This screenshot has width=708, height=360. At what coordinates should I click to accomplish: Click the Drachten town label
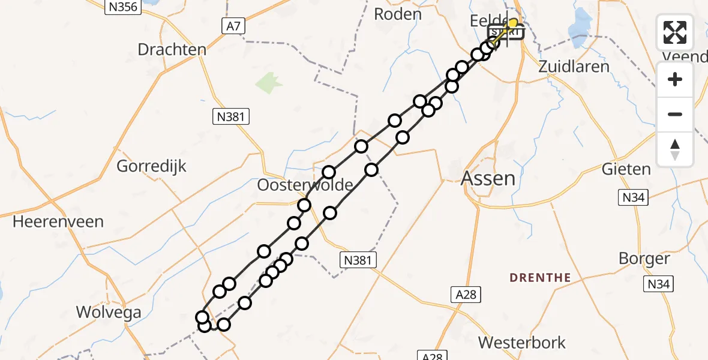pyautogui.click(x=172, y=49)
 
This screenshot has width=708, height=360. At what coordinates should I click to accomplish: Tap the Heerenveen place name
pyautogui.click(x=58, y=221)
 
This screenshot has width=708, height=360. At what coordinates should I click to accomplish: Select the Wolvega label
pyautogui.click(x=109, y=313)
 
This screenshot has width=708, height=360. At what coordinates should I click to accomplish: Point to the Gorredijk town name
pyautogui.click(x=152, y=166)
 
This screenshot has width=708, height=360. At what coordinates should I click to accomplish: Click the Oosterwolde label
pyautogui.click(x=304, y=185)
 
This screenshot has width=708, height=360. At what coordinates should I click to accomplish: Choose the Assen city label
pyautogui.click(x=489, y=178)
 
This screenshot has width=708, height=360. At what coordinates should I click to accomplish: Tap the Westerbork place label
pyautogui.click(x=521, y=343)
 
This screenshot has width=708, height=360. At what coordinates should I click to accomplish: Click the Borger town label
pyautogui.click(x=644, y=259)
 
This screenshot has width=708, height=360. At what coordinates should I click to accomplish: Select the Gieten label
pyautogui.click(x=626, y=169)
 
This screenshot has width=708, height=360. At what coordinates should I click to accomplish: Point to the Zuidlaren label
pyautogui.click(x=574, y=66)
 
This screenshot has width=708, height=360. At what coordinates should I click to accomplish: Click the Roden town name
pyautogui.click(x=397, y=14)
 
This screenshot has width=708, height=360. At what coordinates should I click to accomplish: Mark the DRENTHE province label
pyautogui.click(x=540, y=278)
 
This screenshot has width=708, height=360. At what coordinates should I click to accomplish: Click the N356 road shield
pyautogui.click(x=122, y=8)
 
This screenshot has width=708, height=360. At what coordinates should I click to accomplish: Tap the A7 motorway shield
pyautogui.click(x=234, y=26)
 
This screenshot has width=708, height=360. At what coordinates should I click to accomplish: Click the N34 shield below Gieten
pyautogui.click(x=632, y=198)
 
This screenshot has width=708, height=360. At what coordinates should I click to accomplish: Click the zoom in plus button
pyautogui.click(x=675, y=80)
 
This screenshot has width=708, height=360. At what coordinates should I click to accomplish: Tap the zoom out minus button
pyautogui.click(x=675, y=114)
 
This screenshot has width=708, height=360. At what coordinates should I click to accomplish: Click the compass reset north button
pyautogui.click(x=675, y=149)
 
